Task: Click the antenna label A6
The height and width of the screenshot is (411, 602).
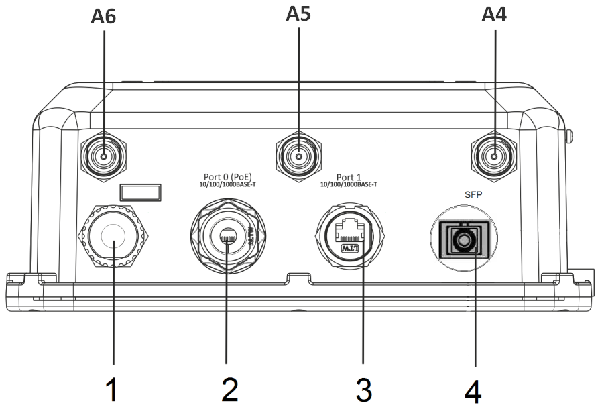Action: pyautogui.click(x=104, y=16)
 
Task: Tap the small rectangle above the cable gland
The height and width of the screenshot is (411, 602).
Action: pyautogui.click(x=141, y=193)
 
